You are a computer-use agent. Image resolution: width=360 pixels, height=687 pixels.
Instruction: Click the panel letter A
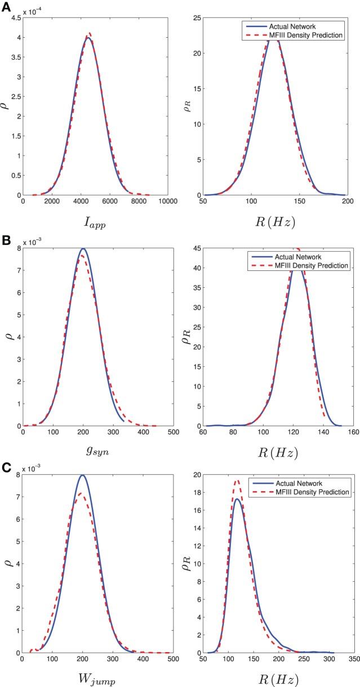pos(5,5)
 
